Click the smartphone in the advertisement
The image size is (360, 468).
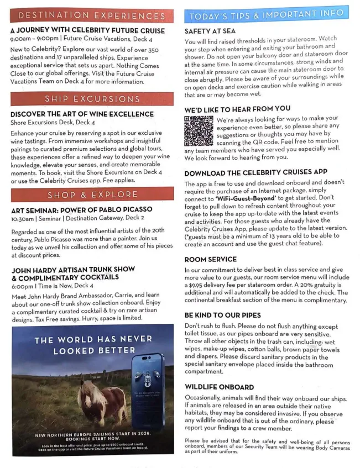point(148,391)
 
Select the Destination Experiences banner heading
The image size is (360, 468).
point(91,16)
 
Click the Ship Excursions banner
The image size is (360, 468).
point(91,99)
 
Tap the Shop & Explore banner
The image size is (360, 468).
point(91,194)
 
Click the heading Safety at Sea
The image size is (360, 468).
point(211,31)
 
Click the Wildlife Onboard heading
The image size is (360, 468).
point(218,386)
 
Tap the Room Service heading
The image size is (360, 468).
point(210,259)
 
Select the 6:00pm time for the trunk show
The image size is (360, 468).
point(22,286)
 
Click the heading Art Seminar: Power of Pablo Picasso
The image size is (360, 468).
point(81,210)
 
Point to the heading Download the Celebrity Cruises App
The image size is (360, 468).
point(256,172)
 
